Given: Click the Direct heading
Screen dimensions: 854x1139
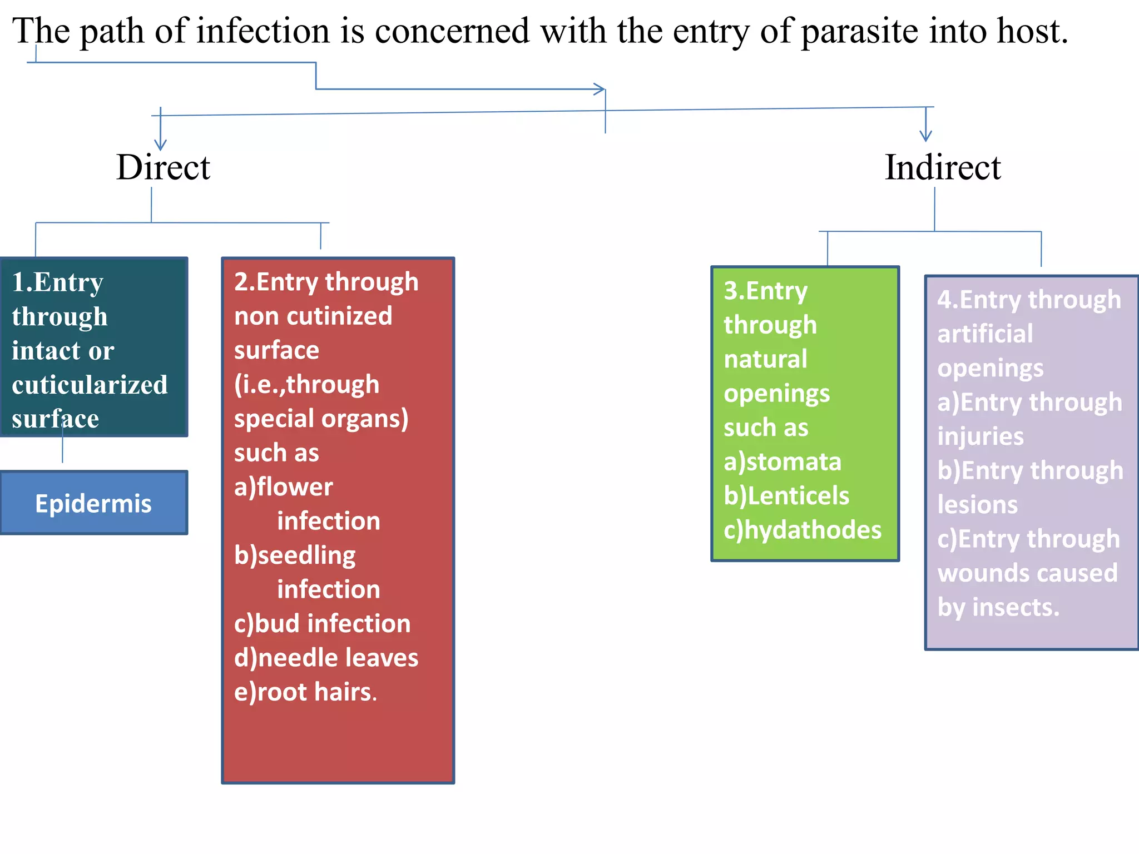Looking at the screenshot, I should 163,167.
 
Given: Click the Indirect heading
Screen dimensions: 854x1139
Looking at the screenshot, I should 943,167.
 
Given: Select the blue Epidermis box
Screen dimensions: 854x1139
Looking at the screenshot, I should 93,503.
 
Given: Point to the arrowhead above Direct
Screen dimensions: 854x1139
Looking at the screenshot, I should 160,145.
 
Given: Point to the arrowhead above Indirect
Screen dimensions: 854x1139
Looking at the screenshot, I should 925,136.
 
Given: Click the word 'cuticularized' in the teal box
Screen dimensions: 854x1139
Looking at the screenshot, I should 90,385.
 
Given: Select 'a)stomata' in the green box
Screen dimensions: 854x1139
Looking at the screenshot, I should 782,462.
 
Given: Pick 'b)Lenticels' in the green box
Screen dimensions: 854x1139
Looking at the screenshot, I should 786,496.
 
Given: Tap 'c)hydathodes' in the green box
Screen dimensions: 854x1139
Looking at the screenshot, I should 802,530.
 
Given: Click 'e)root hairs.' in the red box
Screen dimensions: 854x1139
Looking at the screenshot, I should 305,692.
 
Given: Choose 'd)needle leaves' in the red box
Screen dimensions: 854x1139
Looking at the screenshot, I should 326,658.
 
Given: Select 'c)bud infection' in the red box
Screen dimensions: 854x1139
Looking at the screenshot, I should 322,624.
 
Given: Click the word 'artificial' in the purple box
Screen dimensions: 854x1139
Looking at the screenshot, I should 985,334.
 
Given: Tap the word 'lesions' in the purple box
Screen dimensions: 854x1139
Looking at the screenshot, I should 977,505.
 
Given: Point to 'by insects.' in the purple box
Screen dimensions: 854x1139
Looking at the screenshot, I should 998,607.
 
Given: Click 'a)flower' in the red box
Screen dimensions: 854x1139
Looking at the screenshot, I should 283,487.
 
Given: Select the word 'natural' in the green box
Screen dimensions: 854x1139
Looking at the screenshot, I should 765,359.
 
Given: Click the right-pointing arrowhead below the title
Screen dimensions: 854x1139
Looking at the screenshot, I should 600,89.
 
